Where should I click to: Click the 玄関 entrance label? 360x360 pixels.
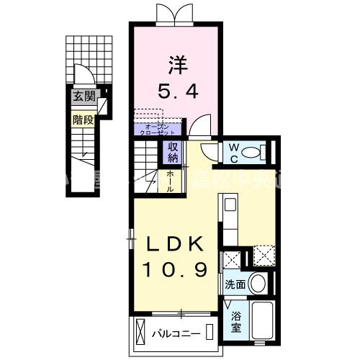(82, 96)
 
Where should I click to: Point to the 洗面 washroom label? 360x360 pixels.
(235, 284)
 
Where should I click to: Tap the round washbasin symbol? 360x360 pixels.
(258, 283)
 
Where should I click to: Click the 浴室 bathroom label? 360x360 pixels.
(235, 321)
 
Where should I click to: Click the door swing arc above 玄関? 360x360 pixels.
(84, 76)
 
